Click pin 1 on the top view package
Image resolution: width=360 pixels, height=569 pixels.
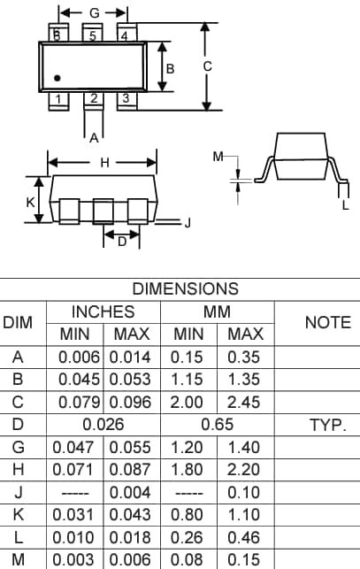(x=57, y=99)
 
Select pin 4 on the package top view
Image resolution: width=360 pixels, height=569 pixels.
(x=125, y=35)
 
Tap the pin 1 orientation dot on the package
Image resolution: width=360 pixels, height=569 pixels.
(x=57, y=79)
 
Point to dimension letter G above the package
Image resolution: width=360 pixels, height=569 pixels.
(x=94, y=13)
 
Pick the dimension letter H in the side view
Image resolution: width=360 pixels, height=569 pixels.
(x=104, y=163)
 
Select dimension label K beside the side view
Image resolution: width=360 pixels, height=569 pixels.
(x=30, y=202)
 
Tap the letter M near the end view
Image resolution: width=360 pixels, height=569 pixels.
(x=218, y=157)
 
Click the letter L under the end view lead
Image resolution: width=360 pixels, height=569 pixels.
(x=345, y=205)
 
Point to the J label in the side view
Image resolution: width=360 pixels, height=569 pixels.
(x=187, y=223)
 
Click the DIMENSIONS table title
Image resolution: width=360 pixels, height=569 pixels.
(x=185, y=288)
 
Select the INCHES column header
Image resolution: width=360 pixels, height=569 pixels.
(x=103, y=311)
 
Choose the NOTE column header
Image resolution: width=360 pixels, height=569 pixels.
(x=327, y=323)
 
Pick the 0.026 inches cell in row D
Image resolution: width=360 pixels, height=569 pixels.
(x=104, y=425)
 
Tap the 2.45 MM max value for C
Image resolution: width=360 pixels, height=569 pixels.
(x=245, y=402)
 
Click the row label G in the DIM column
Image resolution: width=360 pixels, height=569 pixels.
(x=18, y=447)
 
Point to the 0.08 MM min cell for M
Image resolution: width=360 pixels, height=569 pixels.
(x=188, y=559)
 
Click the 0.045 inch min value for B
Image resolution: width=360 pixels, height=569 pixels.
(x=79, y=380)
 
